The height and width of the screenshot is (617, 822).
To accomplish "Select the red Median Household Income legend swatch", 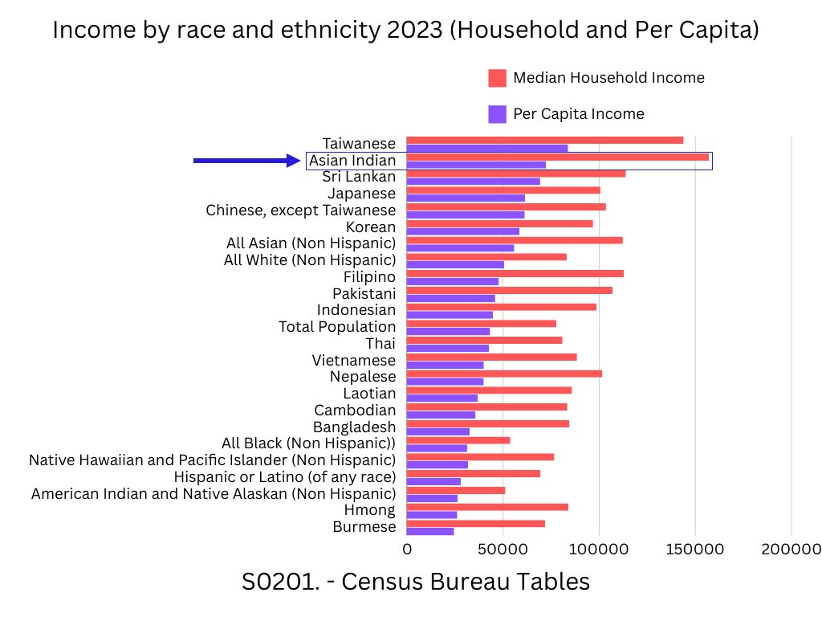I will [x=498, y=78].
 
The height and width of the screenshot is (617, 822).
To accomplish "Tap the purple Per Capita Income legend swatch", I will [x=498, y=114].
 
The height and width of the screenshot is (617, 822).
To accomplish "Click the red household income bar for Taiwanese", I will [x=544, y=140].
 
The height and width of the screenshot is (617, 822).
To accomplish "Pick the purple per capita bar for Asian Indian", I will [x=476, y=165].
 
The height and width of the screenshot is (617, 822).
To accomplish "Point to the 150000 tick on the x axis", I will [x=695, y=550].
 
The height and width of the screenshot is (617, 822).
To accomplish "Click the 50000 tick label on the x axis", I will [x=503, y=550].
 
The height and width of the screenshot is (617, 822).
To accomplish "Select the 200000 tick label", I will [x=791, y=550].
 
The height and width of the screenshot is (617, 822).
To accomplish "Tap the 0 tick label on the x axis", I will [x=407, y=550].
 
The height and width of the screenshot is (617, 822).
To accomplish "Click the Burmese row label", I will [x=364, y=527].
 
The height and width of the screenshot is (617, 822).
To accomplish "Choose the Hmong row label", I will [x=369, y=510].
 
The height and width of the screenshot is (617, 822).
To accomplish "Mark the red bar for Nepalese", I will [x=504, y=374].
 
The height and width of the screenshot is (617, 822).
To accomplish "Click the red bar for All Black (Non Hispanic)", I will [x=458, y=440].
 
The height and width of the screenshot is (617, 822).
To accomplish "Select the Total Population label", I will [x=337, y=327].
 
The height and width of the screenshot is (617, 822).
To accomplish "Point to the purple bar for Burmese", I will [x=430, y=532].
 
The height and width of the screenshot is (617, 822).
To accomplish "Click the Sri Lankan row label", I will [x=359, y=177].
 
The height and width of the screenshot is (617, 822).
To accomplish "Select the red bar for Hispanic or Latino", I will [x=474, y=474].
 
